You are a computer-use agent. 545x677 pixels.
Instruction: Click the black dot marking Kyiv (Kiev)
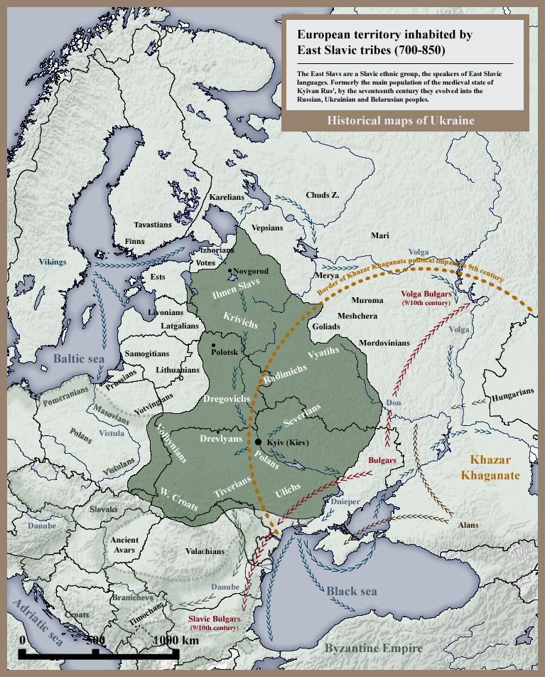[259, 442]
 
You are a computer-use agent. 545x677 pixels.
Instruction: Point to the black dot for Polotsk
[213, 346]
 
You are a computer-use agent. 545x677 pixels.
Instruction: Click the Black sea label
[352, 591]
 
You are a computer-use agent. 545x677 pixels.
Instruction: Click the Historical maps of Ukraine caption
[401, 121]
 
